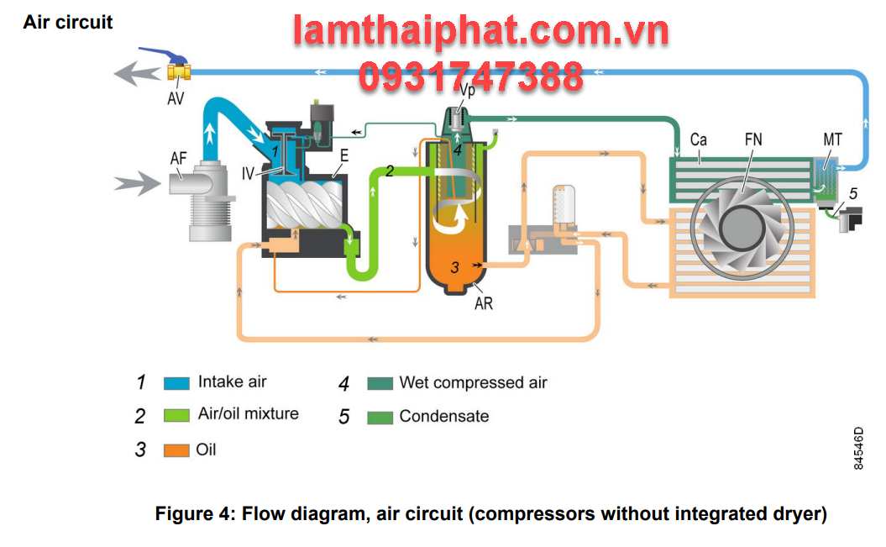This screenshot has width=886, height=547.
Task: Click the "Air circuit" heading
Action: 67,23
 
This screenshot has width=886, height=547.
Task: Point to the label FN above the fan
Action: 753,139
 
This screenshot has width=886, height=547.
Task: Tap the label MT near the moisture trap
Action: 831,139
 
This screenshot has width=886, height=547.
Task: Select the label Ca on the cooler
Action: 698,139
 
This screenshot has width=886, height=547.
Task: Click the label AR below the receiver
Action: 484,303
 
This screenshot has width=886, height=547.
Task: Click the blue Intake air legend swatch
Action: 176,383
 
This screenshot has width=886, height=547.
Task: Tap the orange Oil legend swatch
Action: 176,450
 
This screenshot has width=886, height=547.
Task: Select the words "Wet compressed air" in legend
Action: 473,383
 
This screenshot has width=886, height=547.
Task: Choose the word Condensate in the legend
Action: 443,416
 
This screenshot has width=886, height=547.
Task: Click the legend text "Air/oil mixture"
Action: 248,413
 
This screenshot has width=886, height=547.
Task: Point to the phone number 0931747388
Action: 471,76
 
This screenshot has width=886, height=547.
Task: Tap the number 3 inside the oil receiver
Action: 454,267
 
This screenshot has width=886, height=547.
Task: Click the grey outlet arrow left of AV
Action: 138,73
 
